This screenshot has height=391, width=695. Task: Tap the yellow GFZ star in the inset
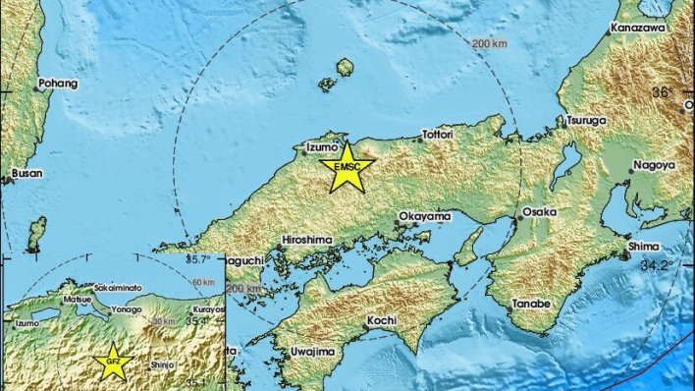click(x=115, y=363)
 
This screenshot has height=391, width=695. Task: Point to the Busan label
click(x=26, y=173)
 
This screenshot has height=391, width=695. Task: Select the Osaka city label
click(x=540, y=211)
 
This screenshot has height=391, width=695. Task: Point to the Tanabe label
click(x=531, y=302)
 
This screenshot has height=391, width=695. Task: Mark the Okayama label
click(x=425, y=216)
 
